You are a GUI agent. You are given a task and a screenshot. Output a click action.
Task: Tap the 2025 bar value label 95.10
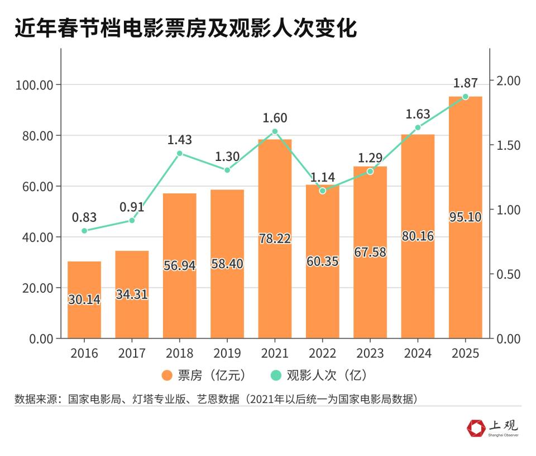465,217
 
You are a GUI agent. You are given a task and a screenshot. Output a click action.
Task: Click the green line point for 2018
180,154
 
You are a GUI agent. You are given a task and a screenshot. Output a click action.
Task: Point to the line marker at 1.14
322,191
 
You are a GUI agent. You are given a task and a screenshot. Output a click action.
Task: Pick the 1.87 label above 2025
465,83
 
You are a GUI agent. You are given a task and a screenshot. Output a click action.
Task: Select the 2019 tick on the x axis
227,353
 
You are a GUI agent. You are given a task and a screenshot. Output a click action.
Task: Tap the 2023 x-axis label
370,353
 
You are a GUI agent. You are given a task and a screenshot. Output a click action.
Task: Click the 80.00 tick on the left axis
35,136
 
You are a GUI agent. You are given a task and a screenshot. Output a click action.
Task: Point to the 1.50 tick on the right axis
508,145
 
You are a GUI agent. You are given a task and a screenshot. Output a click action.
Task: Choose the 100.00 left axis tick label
32,85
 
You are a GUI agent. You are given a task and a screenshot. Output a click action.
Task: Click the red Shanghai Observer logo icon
476,429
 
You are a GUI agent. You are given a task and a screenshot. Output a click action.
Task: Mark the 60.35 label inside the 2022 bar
322,261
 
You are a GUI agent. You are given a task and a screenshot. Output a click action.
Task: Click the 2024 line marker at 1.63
418,127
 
